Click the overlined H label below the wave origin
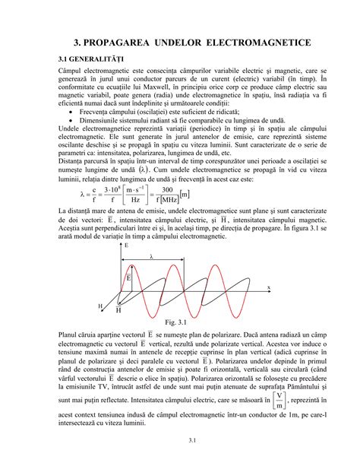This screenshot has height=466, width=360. [x=118, y=310]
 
